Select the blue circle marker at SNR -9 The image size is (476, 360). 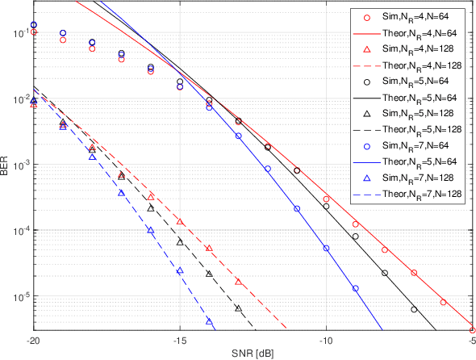click(355, 288)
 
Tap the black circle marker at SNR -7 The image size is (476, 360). click(414, 309)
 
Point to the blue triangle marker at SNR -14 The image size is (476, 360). click(209, 321)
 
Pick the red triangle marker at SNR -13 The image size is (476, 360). click(238, 282)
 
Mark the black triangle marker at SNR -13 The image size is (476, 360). click(238, 308)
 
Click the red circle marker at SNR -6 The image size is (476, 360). click(443, 302)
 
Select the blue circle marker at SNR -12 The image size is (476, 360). click(267, 169)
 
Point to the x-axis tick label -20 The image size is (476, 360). click(32, 342)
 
